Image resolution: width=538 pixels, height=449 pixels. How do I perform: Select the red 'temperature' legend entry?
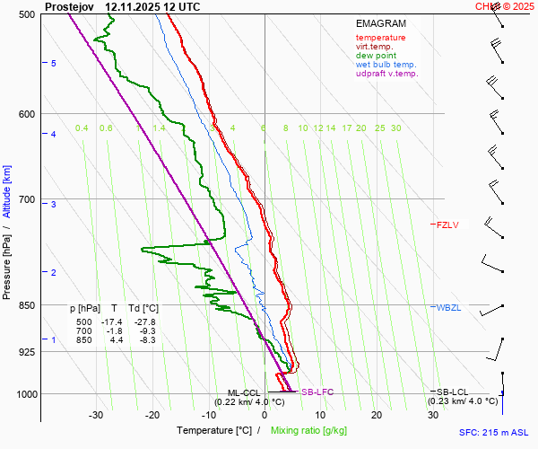[x=380, y=38]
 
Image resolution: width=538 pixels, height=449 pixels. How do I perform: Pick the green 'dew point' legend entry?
[x=376, y=56]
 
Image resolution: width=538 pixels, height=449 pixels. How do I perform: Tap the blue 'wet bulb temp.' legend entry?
[x=386, y=65]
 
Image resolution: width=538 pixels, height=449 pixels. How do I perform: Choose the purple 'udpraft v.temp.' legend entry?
[x=386, y=74]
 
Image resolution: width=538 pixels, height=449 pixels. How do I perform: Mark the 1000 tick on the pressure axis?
[x=25, y=394]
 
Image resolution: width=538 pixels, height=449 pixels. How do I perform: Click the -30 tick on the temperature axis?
[x=96, y=415]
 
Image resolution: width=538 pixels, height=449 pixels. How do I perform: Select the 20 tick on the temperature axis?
[x=377, y=415]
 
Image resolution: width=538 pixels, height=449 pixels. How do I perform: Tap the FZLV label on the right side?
[x=447, y=224]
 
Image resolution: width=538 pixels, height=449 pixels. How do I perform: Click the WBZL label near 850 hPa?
[x=449, y=308]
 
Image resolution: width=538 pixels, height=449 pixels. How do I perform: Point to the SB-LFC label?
[x=317, y=392]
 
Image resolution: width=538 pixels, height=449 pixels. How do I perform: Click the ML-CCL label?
[x=244, y=392]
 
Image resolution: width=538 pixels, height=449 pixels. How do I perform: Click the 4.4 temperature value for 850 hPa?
[x=116, y=339]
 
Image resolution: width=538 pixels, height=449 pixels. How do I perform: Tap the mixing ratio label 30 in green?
[x=395, y=128]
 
